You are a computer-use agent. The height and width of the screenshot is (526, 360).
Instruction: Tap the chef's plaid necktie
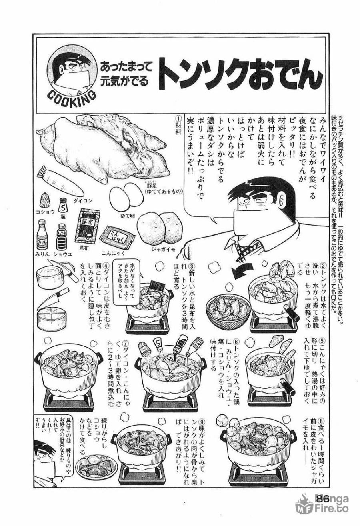247,248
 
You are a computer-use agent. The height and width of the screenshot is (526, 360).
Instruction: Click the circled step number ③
192,265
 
